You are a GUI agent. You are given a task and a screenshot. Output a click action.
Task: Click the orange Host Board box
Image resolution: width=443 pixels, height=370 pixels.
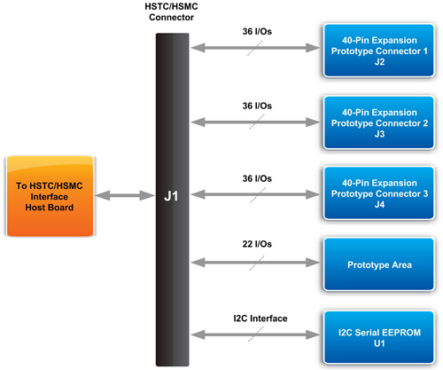50,196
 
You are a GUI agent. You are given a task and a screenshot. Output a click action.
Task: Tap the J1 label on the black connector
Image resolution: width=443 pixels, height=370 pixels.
171,196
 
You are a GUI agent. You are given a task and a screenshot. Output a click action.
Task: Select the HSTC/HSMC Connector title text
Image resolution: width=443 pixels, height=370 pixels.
171,12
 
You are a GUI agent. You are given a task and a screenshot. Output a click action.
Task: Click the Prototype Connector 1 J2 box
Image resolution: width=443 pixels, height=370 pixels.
379,51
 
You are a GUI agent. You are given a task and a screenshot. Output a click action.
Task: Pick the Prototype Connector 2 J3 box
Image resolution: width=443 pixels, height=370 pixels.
379,122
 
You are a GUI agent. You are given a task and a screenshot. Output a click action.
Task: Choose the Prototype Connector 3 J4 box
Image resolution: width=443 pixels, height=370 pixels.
379,193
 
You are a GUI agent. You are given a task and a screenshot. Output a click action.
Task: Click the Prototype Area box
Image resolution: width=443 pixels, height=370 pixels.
379,264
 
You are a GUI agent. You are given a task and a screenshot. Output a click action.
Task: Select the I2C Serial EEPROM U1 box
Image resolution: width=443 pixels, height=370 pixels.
379,337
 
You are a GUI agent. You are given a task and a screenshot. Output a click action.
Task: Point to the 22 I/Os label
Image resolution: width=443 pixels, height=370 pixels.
257,244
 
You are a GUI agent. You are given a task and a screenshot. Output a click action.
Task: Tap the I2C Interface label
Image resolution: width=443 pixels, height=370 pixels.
260,319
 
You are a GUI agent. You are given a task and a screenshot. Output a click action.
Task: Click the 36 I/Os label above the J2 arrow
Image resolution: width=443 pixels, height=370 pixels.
257,31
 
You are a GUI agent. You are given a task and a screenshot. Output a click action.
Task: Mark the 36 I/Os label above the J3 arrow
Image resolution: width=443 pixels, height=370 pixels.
257,106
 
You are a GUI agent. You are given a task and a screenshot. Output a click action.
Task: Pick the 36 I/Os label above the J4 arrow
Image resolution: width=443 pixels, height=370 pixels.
257,178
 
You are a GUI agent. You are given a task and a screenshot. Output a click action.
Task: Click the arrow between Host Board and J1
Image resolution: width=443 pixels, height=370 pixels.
125,195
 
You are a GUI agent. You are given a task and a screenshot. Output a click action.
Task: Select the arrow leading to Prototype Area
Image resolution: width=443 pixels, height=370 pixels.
255,263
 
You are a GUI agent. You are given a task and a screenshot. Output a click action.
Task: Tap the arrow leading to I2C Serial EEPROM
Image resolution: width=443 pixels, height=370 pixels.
255,335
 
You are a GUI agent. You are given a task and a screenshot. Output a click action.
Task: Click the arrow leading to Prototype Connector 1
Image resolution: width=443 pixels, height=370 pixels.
255,48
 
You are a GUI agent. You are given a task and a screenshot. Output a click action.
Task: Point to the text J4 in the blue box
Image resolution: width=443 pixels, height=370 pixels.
379,204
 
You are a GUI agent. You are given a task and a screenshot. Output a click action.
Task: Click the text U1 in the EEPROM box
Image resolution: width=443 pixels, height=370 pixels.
379,343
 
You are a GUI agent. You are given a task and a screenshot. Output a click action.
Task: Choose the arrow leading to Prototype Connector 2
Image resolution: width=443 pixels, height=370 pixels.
255,122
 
